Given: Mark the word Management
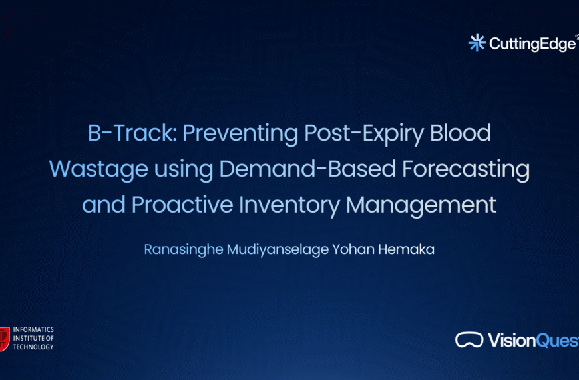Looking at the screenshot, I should pyautogui.click(x=421, y=205).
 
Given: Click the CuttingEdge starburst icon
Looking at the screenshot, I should pyautogui.click(x=477, y=43).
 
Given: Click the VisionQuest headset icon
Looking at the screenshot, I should pyautogui.click(x=469, y=340).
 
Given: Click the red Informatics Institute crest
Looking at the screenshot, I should pyautogui.click(x=5, y=338).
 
